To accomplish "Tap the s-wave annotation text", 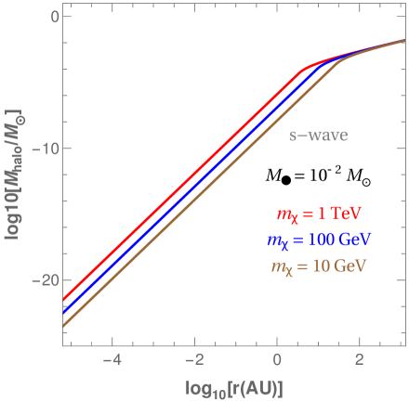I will pyautogui.click(x=318, y=136).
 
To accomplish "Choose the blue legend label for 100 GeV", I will pyautogui.click(x=318, y=240).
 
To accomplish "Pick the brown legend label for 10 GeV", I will pyautogui.click(x=318, y=265).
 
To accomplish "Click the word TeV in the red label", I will pyautogui.click(x=353, y=215).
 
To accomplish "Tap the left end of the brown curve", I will pyautogui.click(x=64, y=326).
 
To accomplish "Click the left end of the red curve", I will pyautogui.click(x=64, y=300).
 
